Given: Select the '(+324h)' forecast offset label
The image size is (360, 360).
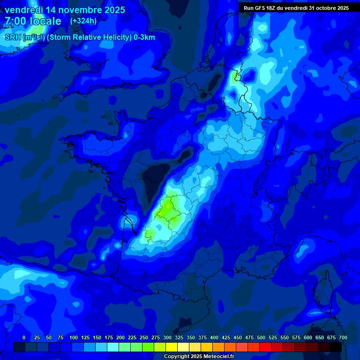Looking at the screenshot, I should tap(83, 21).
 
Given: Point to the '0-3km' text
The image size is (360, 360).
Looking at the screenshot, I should tap(144, 37).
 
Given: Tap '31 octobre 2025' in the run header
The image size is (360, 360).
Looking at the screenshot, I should tap(329, 8).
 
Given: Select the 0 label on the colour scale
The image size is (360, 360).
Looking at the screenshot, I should tap(24, 337).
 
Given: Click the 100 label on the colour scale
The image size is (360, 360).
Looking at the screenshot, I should tap(74, 337).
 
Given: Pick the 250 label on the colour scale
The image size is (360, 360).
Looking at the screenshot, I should tap(144, 337).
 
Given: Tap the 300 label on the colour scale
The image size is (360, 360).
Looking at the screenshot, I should tap(167, 337).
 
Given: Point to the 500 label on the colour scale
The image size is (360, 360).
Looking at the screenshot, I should tap(261, 337).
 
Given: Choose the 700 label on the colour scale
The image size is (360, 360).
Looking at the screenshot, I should tap(343, 337).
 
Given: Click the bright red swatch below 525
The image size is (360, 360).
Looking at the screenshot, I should tap(265, 347).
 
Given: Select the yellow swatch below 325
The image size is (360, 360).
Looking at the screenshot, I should tap(172, 347).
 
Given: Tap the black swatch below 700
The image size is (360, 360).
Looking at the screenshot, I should tap(336, 347).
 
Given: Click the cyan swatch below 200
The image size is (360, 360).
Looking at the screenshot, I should tap(113, 347).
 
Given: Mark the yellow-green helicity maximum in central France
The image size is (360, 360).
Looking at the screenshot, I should tap(167, 209).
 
